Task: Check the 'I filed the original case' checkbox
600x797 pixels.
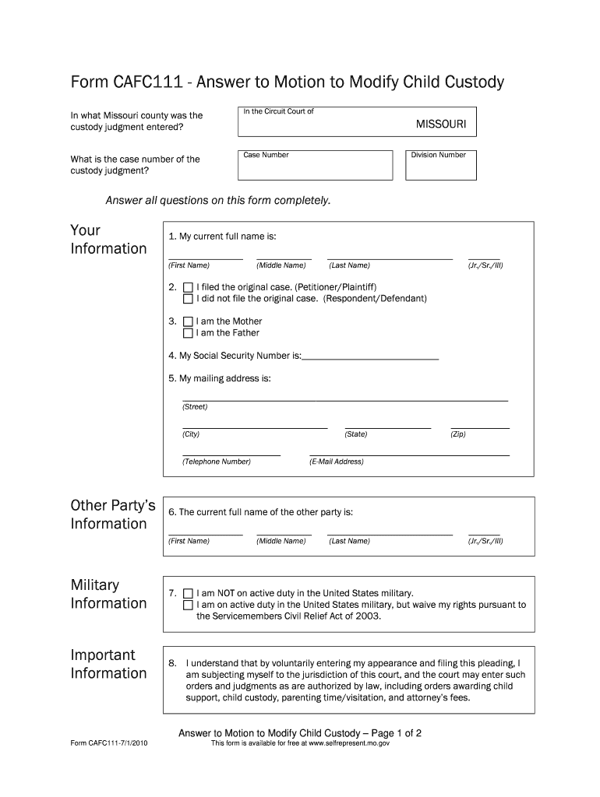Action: pyautogui.click(x=188, y=287)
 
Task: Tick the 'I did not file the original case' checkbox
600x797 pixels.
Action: pyautogui.click(x=188, y=299)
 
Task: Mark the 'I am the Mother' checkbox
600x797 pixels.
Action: pyautogui.click(x=188, y=321)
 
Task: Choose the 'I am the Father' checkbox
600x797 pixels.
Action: pyautogui.click(x=188, y=333)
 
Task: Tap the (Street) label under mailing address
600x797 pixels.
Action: pyautogui.click(x=195, y=407)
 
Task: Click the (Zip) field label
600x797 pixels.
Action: pyautogui.click(x=458, y=434)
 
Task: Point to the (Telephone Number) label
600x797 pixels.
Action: pyautogui.click(x=217, y=462)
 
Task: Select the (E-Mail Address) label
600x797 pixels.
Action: pyautogui.click(x=337, y=462)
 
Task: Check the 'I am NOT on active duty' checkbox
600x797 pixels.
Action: pyautogui.click(x=188, y=593)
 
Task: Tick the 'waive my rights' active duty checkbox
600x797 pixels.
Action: pyautogui.click(x=188, y=605)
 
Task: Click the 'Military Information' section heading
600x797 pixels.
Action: pyautogui.click(x=108, y=594)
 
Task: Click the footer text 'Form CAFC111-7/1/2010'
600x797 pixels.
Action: pyautogui.click(x=109, y=743)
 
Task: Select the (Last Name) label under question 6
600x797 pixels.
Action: pyautogui.click(x=349, y=541)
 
